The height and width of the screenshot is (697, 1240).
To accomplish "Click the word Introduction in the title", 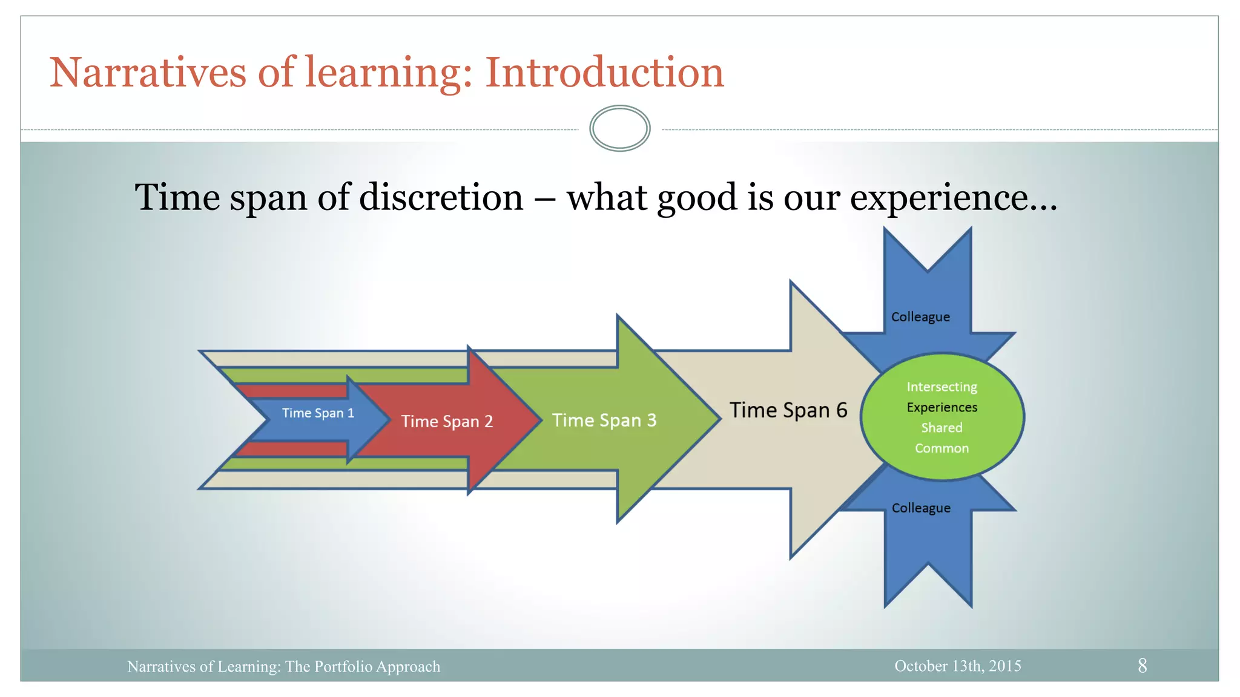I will coord(604,73).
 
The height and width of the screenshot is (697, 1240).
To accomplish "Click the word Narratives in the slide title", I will coord(148,73).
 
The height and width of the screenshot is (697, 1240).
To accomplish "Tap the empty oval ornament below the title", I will coord(619,128).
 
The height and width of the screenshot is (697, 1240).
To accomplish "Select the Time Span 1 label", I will coord(318,413).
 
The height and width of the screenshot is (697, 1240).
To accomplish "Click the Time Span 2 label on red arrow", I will coord(447,421).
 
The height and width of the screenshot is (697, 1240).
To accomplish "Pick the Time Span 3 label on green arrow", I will coord(604,420).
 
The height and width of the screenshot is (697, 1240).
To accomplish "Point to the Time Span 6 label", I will coord(788,410).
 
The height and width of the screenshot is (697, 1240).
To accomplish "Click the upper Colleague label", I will coord(920,317).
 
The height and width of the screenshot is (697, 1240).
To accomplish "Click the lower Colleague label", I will coord(921,508).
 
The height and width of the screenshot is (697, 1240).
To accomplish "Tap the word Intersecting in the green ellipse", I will coord(942,387).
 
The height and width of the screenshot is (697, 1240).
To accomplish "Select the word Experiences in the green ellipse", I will coord(942,407).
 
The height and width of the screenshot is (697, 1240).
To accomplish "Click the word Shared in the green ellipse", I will coord(942,428).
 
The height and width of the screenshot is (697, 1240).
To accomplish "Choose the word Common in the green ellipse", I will coord(942,448).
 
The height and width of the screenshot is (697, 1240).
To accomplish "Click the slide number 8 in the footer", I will coord(1142,666).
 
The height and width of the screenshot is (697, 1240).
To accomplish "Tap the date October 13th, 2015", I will coord(957,666).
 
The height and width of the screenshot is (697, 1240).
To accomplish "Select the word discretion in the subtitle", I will coord(441,197).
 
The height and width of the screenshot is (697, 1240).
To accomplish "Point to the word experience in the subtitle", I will coord(938,197).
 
